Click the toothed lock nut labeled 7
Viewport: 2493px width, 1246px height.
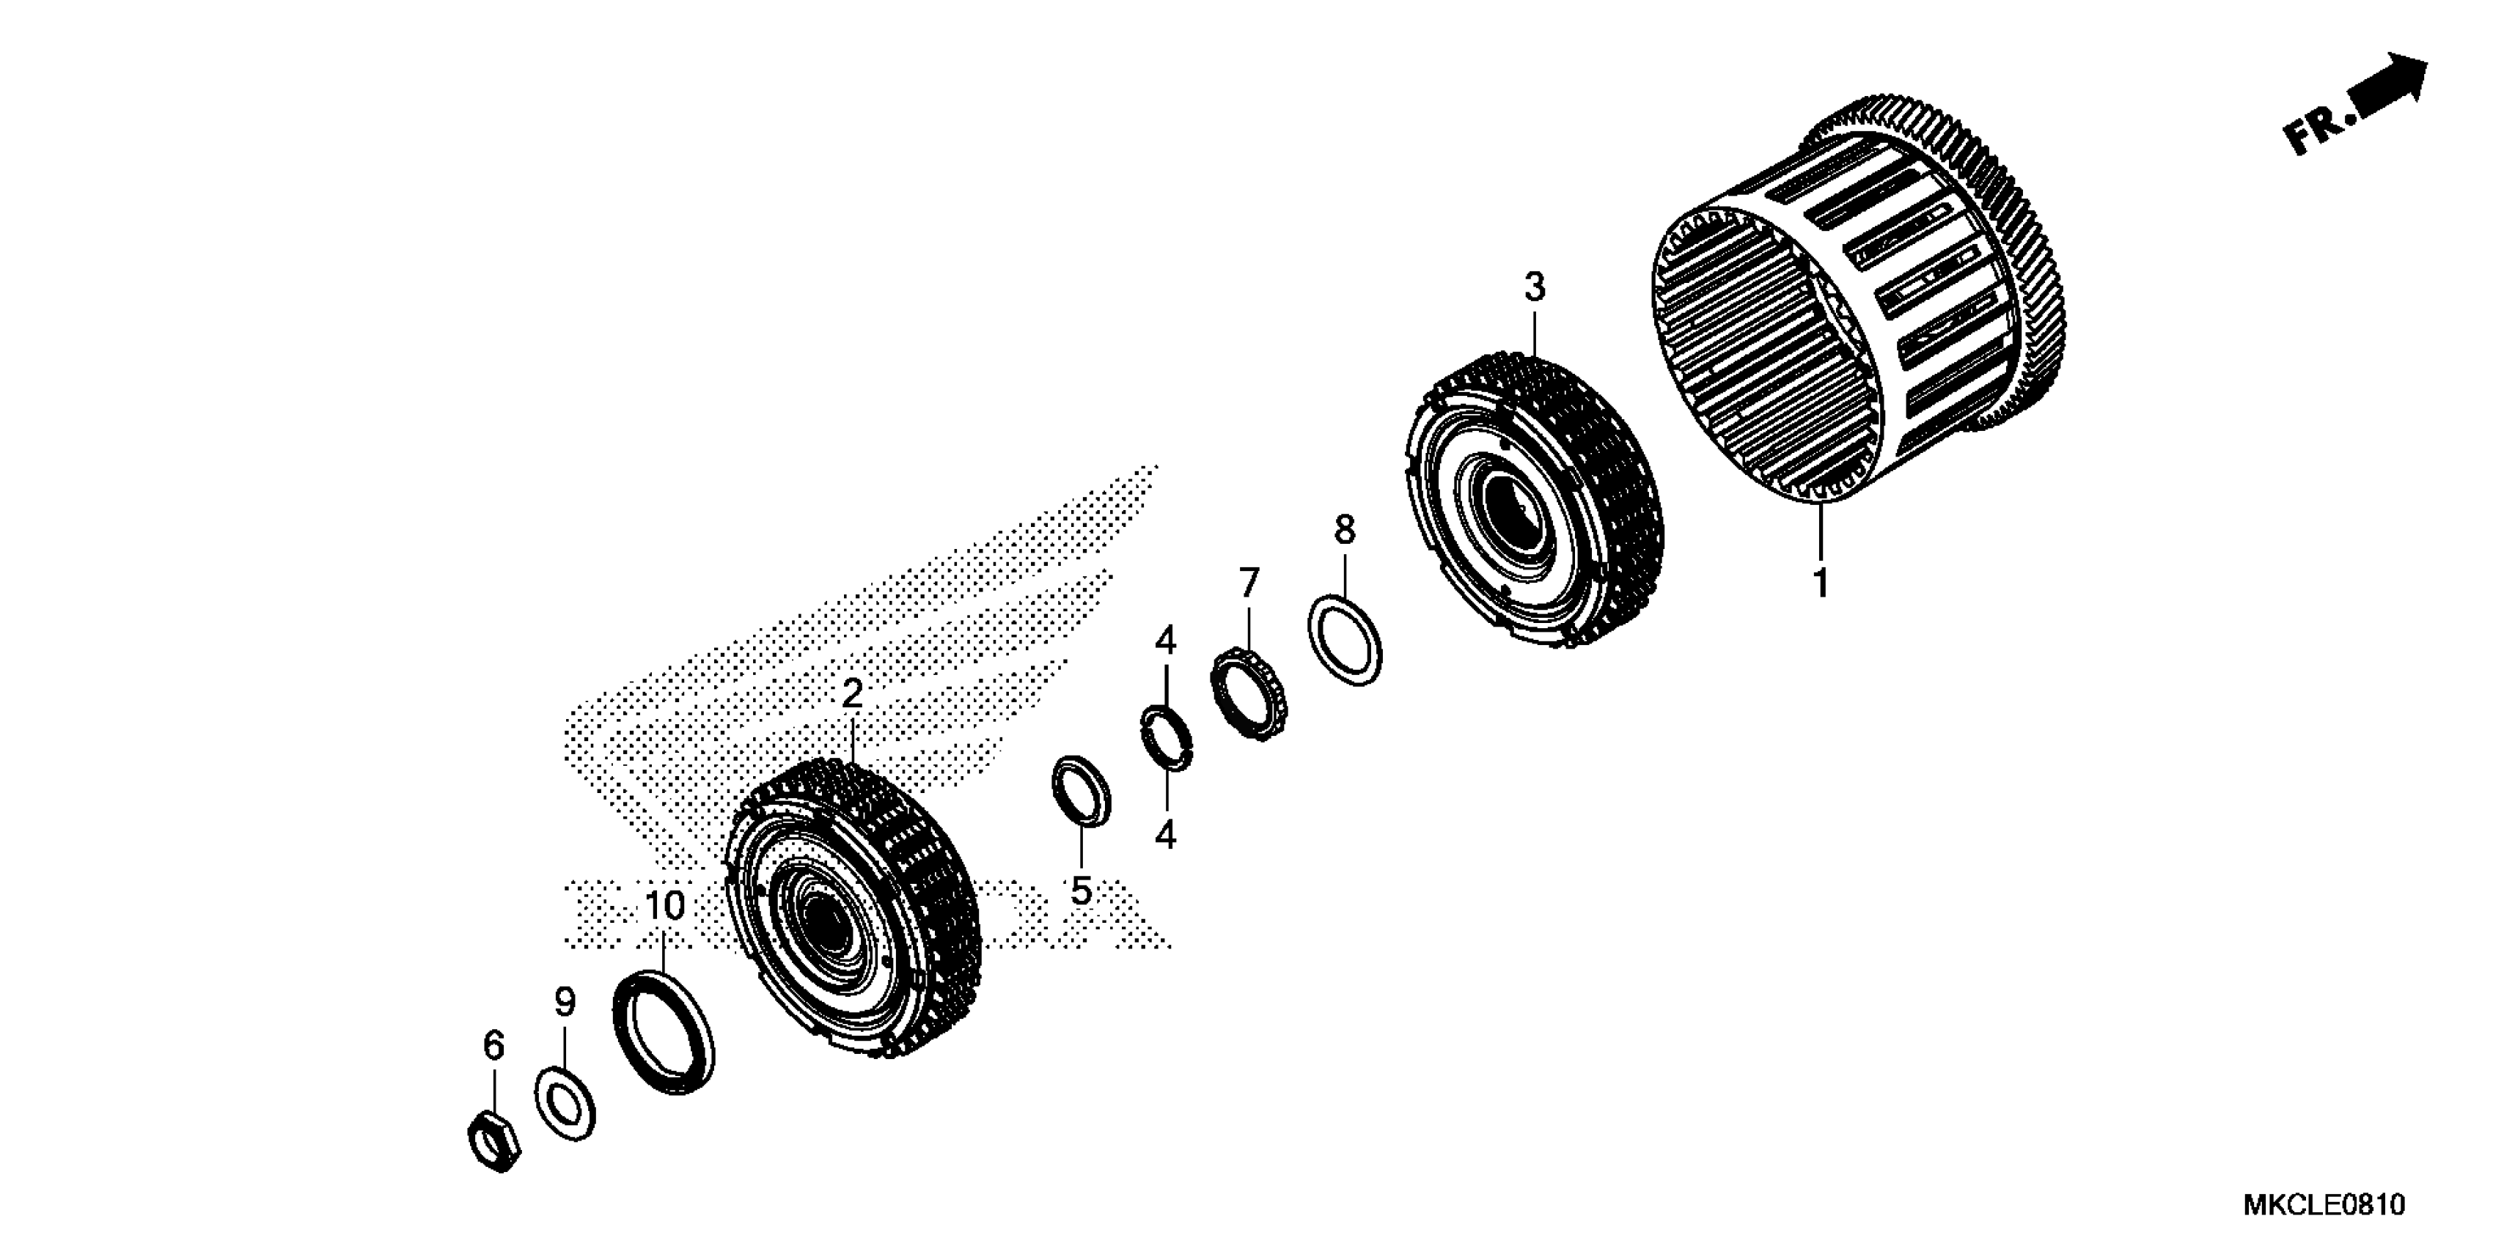1249,695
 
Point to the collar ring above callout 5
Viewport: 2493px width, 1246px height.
1081,790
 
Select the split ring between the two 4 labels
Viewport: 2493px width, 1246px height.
1167,738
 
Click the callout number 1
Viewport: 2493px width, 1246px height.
1821,583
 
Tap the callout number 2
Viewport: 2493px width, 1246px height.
851,693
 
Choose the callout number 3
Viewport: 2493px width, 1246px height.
1535,287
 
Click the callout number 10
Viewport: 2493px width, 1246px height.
665,905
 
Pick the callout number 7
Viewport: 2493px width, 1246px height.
1249,583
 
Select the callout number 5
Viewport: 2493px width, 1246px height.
1081,890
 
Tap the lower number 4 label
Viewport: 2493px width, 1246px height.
1165,834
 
